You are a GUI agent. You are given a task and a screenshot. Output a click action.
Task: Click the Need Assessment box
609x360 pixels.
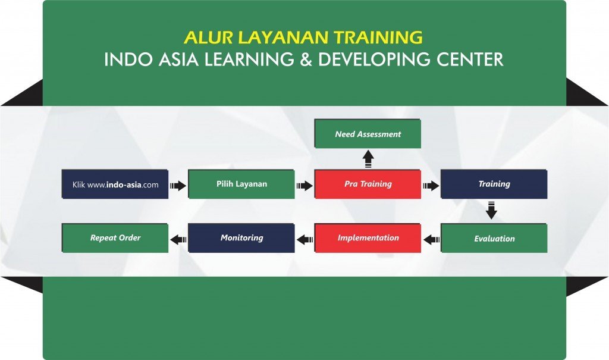coord(368,134)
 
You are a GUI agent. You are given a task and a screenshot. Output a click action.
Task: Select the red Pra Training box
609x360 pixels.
coord(368,184)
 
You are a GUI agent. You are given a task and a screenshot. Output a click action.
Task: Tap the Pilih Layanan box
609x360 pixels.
coord(241,184)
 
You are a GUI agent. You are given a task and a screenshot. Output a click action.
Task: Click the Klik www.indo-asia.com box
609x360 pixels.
coord(115,184)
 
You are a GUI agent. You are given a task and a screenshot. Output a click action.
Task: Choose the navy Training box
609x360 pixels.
coord(494,184)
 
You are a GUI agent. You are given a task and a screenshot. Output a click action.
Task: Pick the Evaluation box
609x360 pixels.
coord(494,238)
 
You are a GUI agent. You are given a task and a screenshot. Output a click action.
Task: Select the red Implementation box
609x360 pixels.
coord(368,238)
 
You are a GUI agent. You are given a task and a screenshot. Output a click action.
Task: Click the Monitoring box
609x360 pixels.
coord(241,238)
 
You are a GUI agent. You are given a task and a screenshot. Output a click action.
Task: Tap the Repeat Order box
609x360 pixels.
coord(115,238)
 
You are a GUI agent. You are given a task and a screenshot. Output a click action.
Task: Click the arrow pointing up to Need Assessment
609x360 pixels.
coord(368,159)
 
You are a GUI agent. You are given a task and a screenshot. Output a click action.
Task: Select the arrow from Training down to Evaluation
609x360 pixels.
coord(491,210)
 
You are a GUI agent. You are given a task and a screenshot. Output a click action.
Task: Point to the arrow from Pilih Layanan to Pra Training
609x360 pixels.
coord(304,186)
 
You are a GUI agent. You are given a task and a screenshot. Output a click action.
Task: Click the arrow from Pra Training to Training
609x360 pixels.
coord(431,186)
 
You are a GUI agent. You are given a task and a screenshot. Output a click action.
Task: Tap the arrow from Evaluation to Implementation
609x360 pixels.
coord(432,240)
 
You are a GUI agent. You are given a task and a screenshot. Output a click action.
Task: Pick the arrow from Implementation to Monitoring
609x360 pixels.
coord(305,240)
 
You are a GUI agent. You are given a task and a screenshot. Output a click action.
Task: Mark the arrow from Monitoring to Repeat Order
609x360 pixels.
coord(178,240)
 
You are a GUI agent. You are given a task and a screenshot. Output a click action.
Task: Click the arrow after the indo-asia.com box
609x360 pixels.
coord(178,186)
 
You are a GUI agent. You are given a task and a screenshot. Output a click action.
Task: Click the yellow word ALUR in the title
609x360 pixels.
coord(208,37)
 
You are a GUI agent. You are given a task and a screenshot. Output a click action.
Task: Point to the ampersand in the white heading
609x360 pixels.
coord(306,59)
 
